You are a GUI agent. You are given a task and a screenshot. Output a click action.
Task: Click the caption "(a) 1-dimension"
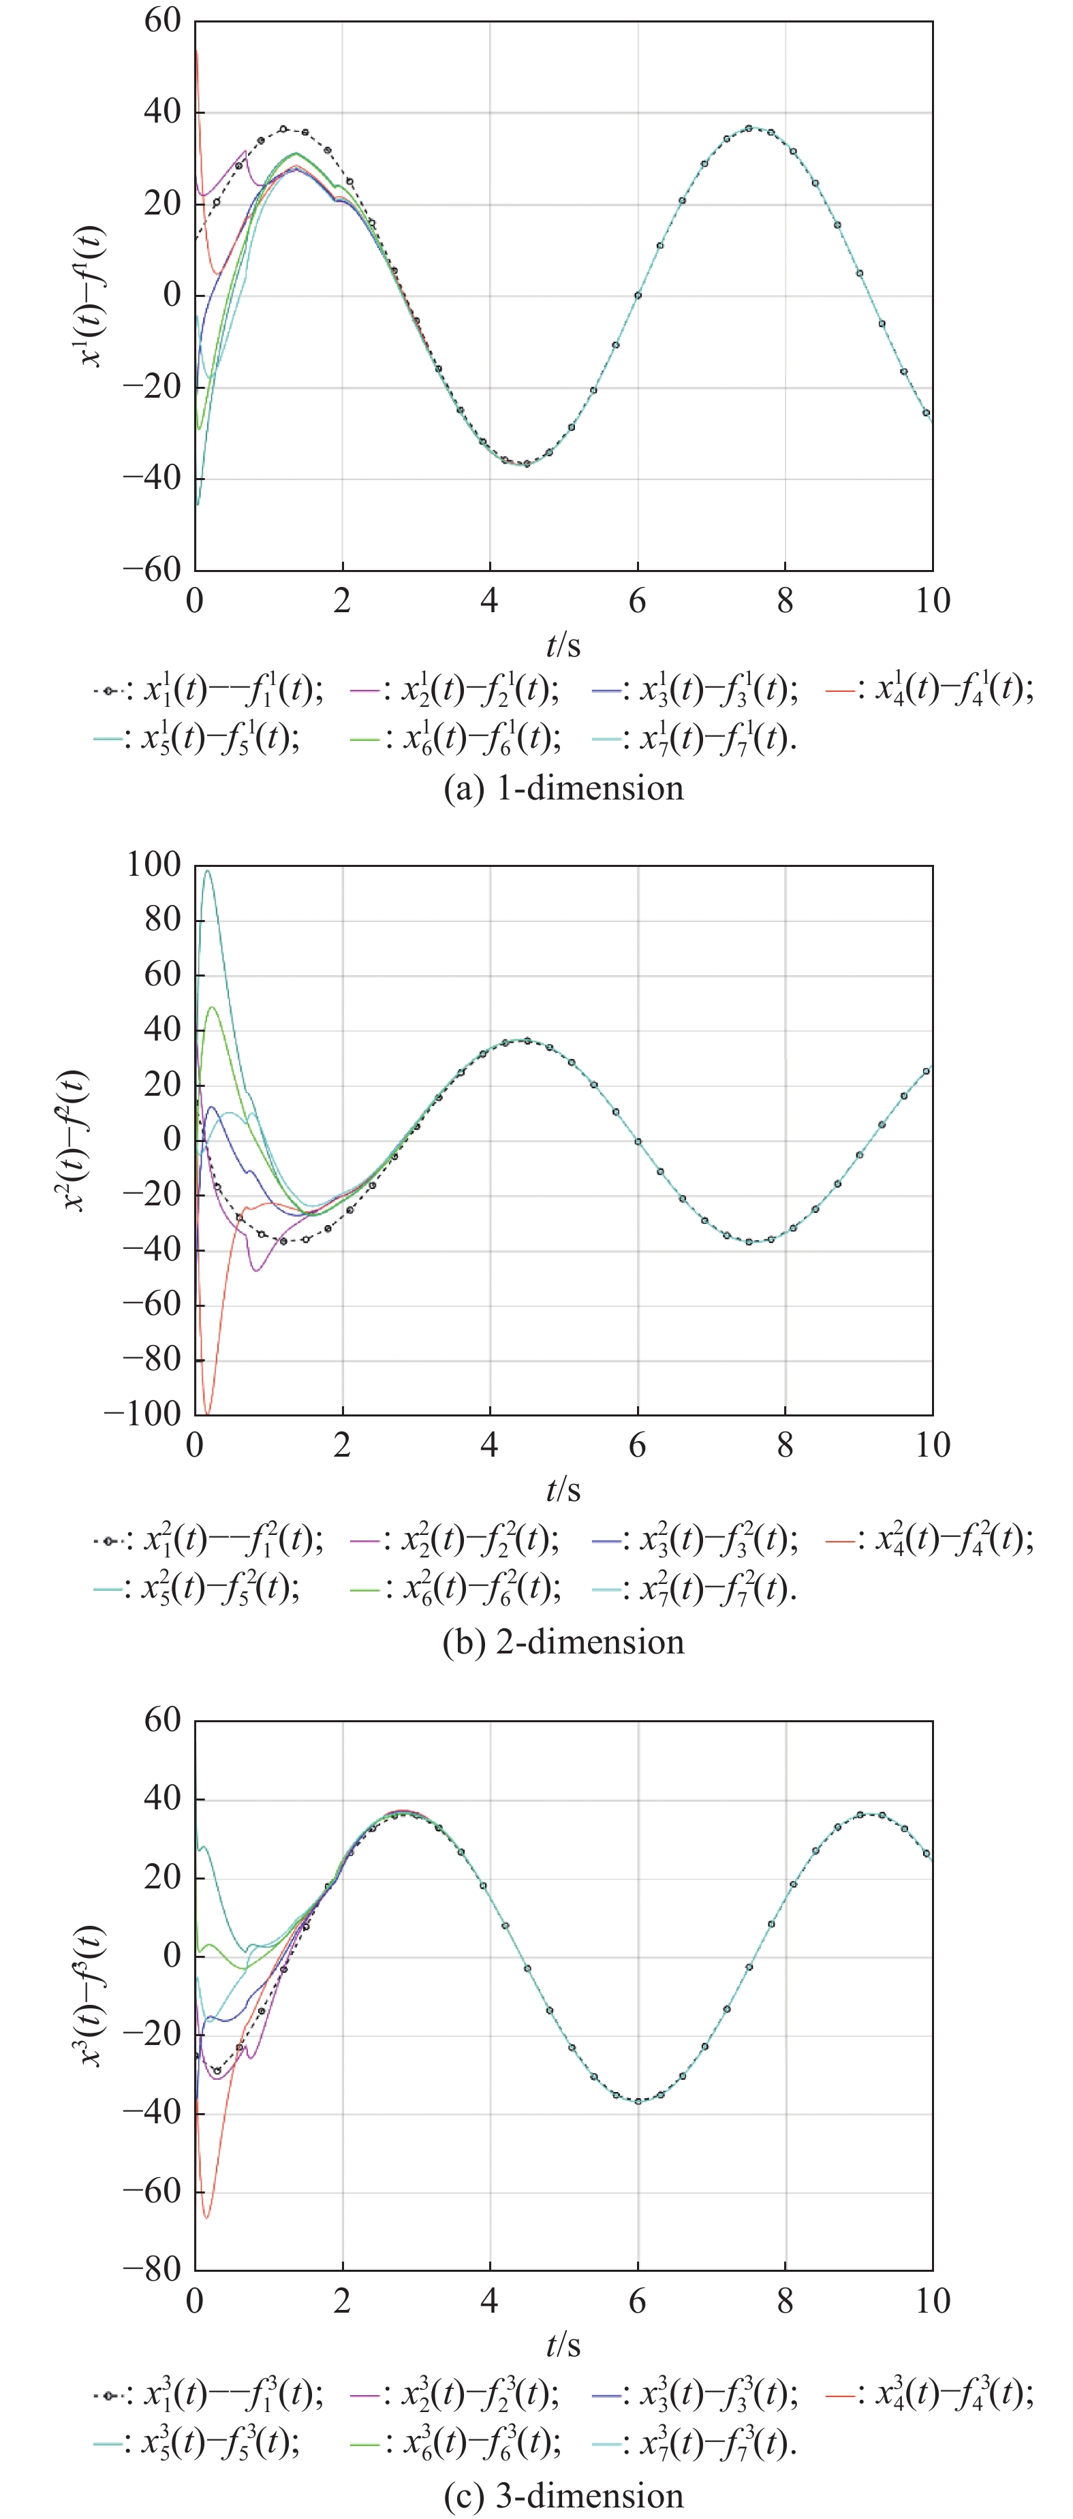563,788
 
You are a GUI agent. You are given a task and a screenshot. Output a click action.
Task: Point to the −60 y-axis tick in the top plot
152,570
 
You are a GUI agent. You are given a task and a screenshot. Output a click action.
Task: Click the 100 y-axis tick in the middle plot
153,864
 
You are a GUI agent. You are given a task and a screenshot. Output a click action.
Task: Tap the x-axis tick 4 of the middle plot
489,1445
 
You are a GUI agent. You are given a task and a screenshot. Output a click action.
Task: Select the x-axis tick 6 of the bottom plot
637,2300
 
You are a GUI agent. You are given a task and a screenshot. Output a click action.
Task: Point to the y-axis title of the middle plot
76,1140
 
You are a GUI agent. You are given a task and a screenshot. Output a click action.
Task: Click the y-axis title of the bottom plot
90,1995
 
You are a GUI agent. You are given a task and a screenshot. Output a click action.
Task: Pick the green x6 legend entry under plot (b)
456,1589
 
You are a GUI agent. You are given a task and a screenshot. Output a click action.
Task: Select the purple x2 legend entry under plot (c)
455,2394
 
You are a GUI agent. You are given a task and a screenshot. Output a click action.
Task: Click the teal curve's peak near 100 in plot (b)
206,870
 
